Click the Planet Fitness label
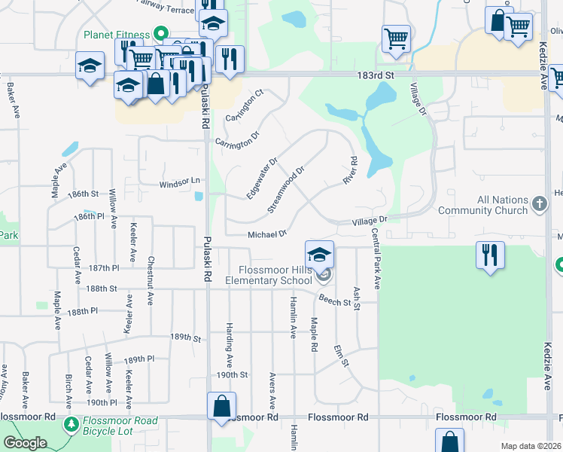[x=117, y=34]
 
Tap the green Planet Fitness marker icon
[x=160, y=34]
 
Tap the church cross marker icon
[x=539, y=203]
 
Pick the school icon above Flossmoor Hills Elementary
[x=319, y=254]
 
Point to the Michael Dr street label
[x=268, y=234]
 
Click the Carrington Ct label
[x=251, y=106]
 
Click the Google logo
[x=26, y=443]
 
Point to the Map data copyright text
[x=530, y=446]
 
